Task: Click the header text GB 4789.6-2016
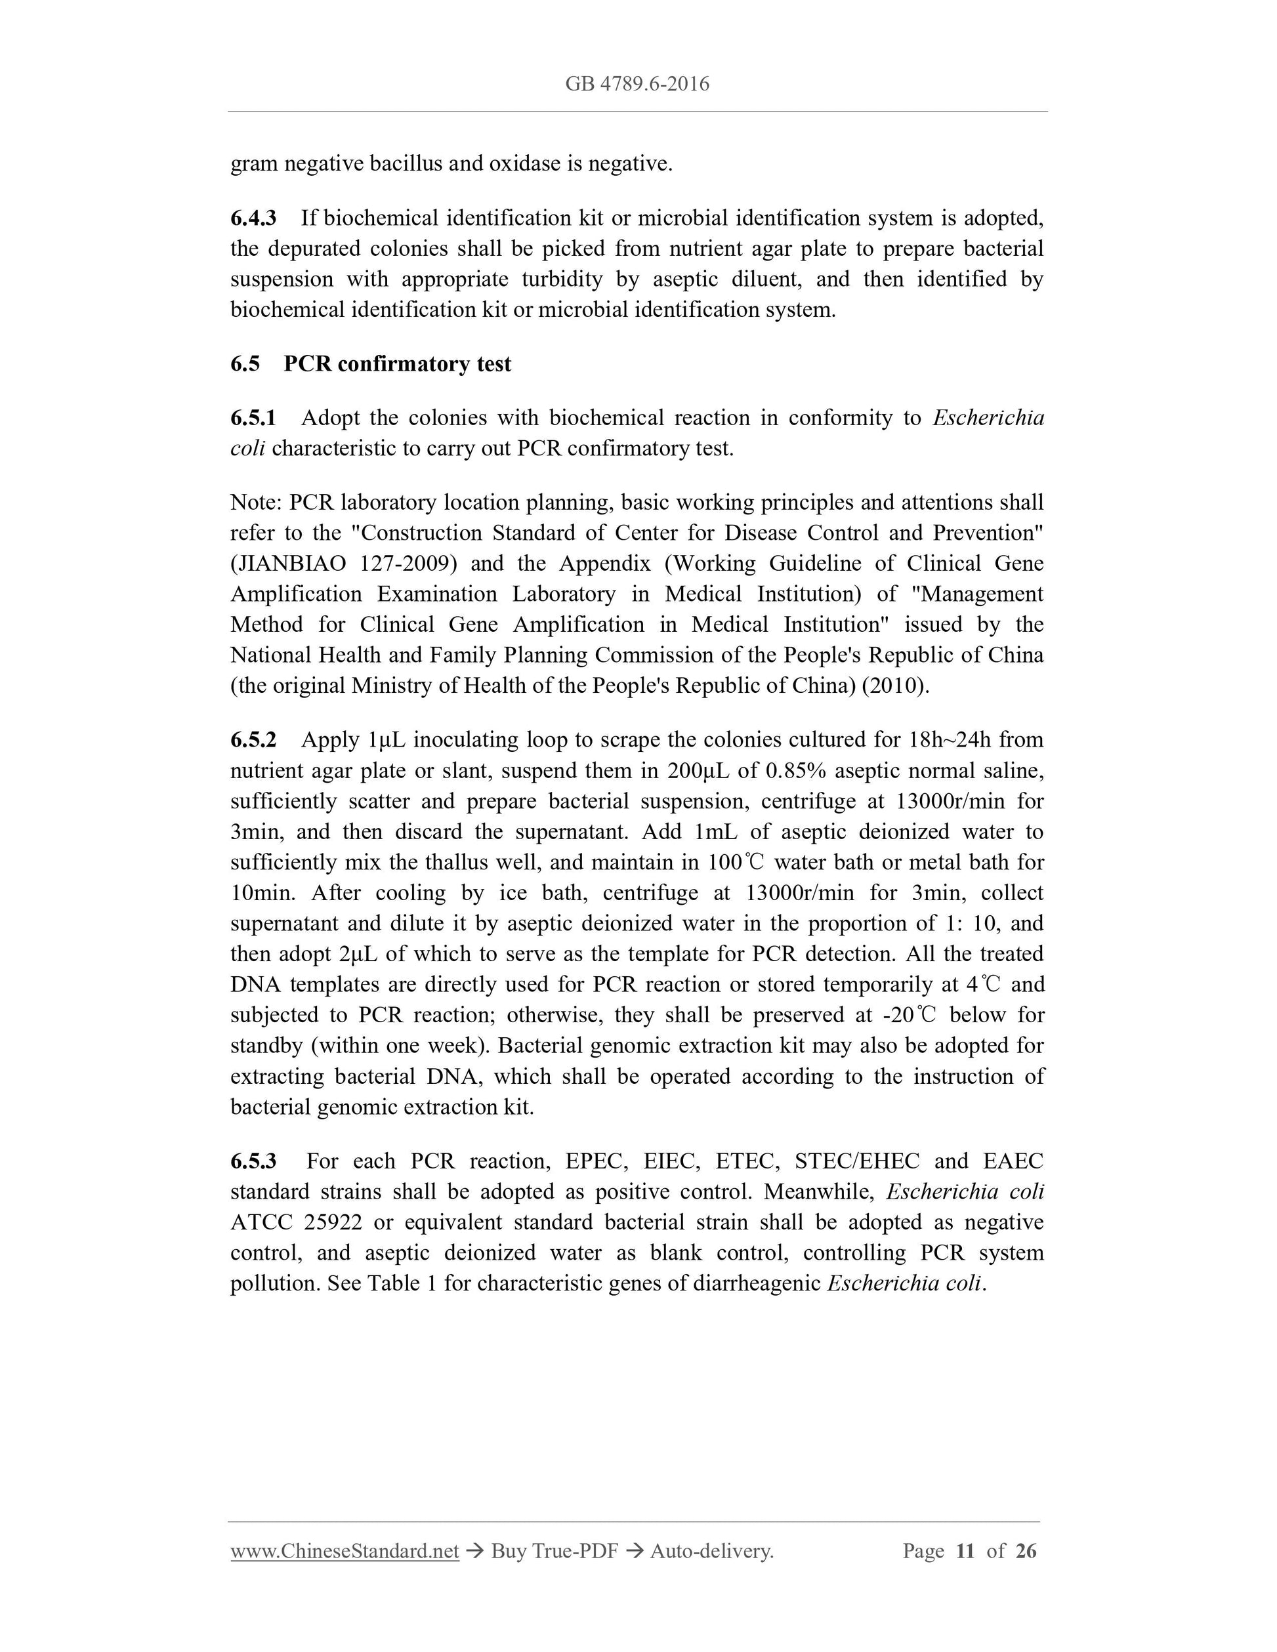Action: tap(637, 84)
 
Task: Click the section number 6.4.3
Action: tap(253, 218)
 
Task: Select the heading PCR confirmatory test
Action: tap(397, 364)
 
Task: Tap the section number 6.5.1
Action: tap(253, 419)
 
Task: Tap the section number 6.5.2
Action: tap(253, 740)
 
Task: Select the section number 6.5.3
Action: tap(253, 1161)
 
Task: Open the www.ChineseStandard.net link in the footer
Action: tap(345, 1552)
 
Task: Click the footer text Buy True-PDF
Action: tap(555, 1552)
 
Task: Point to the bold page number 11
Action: tap(965, 1552)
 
